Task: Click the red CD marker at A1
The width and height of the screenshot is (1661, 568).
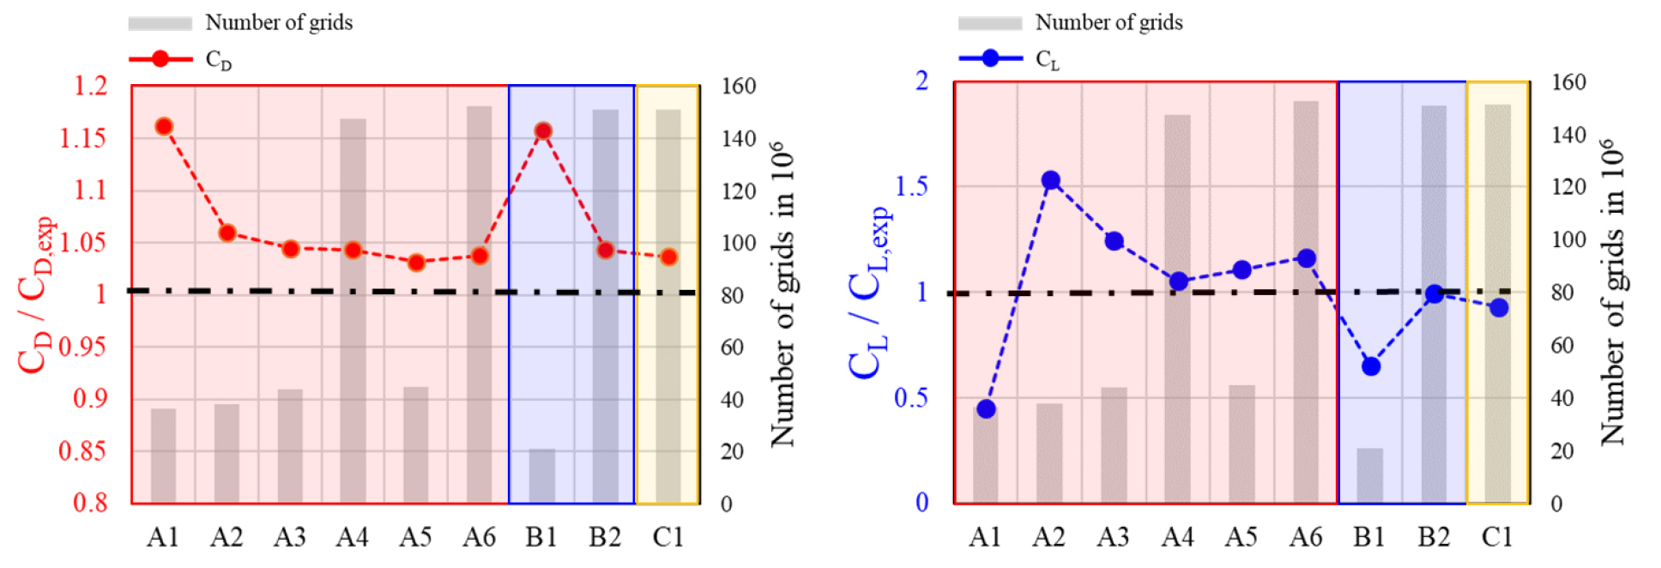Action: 164,127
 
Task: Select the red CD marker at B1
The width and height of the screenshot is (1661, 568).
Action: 542,131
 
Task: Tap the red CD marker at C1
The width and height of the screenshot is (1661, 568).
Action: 669,257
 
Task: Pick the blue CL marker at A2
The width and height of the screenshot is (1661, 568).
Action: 1050,180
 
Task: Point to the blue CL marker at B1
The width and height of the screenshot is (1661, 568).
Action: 1371,366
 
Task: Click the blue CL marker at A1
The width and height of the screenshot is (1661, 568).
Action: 986,409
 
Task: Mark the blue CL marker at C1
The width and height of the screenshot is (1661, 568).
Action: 1499,308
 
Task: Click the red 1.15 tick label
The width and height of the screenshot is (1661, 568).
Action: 83,138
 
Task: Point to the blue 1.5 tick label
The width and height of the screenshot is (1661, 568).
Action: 911,186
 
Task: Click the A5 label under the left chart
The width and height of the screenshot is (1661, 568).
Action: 415,537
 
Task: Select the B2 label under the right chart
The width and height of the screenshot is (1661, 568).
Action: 1434,537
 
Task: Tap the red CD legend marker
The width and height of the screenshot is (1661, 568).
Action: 160,58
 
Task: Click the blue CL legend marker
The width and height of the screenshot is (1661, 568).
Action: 990,58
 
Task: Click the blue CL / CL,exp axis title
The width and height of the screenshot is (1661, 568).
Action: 867,292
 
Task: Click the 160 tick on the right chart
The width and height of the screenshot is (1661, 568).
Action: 1569,82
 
